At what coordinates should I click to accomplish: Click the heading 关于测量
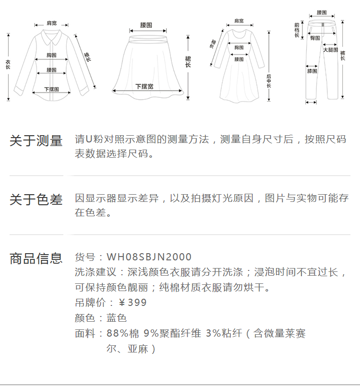click(x=36, y=141)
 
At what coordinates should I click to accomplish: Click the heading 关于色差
click(x=36, y=199)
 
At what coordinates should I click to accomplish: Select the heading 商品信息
click(x=36, y=258)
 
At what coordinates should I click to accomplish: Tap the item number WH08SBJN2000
click(x=149, y=257)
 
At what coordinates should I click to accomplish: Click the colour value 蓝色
click(x=117, y=318)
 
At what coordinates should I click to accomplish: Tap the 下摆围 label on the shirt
click(x=51, y=89)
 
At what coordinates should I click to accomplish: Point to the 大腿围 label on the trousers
click(x=330, y=50)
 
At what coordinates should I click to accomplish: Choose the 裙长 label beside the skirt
click(x=188, y=61)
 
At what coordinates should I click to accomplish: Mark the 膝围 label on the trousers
click(x=312, y=71)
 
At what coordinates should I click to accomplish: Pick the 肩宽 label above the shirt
click(x=51, y=23)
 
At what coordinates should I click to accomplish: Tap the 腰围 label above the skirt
click(x=146, y=24)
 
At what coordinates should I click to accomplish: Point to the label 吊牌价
click(x=89, y=303)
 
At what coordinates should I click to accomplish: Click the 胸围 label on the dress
click(x=239, y=47)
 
